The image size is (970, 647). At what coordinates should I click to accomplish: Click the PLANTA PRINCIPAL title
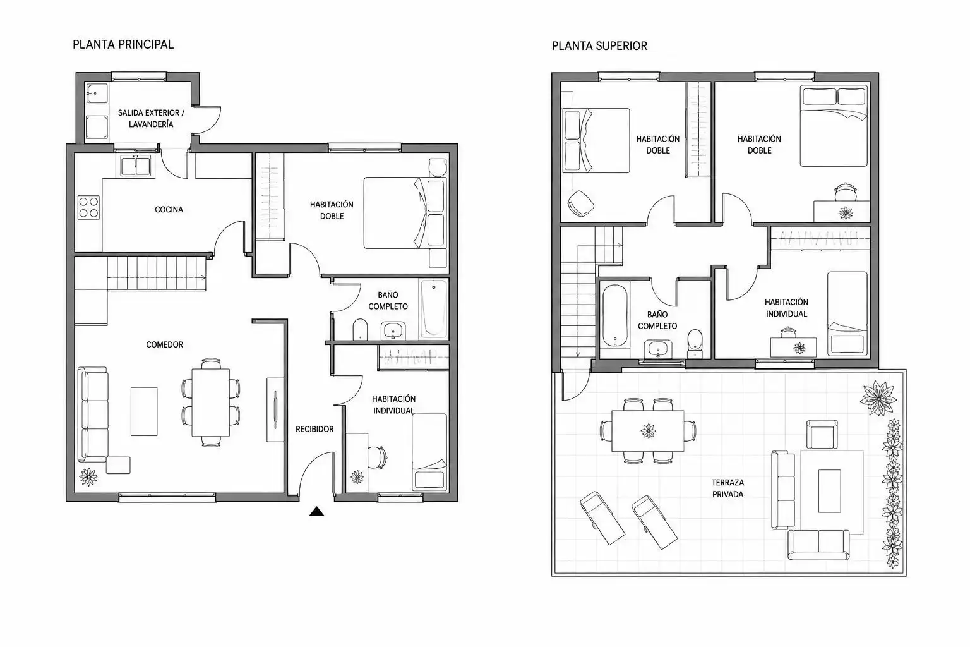point(123,44)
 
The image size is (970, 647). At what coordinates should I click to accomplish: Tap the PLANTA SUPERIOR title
point(599,45)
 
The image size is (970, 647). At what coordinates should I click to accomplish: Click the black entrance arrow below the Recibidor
point(316,511)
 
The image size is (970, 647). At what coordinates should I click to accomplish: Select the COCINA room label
point(169,209)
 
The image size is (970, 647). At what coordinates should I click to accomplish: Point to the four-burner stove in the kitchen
point(89,207)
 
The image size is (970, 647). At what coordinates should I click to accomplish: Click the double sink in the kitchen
point(136,166)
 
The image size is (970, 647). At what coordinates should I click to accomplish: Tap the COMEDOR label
point(165,344)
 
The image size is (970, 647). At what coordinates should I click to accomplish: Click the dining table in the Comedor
point(210,402)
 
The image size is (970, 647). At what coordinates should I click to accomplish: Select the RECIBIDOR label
point(314,429)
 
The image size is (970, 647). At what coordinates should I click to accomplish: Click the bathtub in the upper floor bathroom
point(615,315)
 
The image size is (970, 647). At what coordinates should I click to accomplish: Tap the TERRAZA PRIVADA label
point(727,488)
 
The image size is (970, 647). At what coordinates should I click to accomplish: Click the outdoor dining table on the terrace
point(648,431)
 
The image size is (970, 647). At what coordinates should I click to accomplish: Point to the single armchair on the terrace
point(822,434)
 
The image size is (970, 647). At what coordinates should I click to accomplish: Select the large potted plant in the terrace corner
point(878,398)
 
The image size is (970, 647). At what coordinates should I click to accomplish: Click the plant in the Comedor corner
point(88,476)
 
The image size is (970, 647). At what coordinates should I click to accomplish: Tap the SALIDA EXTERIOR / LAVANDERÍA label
point(151,118)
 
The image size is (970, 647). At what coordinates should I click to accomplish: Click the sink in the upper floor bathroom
point(658,349)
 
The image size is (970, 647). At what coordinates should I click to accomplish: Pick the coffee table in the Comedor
point(144,412)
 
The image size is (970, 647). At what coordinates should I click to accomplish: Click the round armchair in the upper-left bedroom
point(580,203)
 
